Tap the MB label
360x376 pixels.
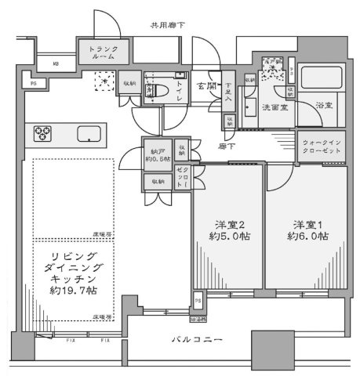coord(56,65)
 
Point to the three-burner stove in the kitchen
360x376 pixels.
coord(42,134)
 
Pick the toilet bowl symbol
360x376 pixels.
coord(157,90)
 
